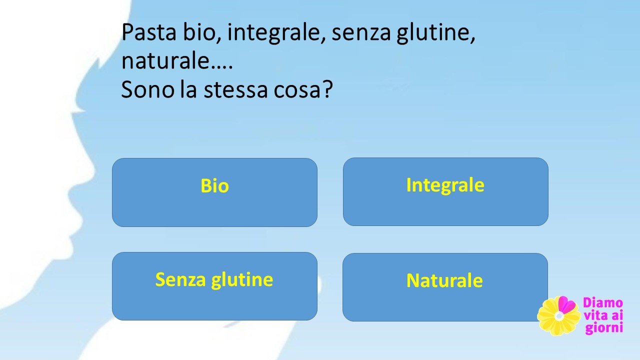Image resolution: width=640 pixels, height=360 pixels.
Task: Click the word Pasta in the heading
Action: pos(149,32)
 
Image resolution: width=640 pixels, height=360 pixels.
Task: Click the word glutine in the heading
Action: pos(436,33)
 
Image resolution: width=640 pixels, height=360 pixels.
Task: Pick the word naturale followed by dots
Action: pos(177,60)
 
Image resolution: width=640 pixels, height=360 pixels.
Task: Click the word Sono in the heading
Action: pos(147,89)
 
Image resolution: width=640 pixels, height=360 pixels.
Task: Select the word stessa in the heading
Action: pos(235,90)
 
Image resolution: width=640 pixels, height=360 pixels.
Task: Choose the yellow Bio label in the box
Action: pos(214,185)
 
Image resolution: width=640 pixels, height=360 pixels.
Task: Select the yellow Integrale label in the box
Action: pos(445,185)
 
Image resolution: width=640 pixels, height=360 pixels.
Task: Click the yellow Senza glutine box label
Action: pos(214,280)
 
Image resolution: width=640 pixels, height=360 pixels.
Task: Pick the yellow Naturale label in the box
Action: pos(444,280)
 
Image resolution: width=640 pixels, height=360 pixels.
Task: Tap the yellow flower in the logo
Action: pos(558,316)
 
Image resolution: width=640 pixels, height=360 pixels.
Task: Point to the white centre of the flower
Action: pos(559,316)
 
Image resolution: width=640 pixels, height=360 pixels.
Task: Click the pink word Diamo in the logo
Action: pos(602,303)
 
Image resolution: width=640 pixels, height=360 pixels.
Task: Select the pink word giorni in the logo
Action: pos(603,328)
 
